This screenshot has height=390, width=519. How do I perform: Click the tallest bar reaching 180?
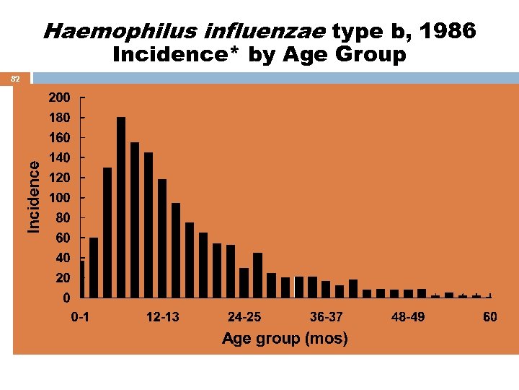coord(121,207)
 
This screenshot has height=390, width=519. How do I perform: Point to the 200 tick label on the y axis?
coord(60,97)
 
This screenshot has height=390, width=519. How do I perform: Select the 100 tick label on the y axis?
coord(60,197)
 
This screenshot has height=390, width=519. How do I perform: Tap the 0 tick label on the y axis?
coord(66,298)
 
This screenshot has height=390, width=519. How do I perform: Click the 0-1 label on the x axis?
coord(81,317)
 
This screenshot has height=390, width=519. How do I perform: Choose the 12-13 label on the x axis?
coord(163,317)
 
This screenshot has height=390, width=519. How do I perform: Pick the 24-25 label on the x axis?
coord(245,317)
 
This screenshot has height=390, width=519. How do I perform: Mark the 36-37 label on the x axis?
coord(327,317)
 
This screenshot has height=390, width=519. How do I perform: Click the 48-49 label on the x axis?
coord(408,317)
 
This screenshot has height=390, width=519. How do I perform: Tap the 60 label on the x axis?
coord(490,317)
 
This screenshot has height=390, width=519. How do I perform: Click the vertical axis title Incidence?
coord(34,196)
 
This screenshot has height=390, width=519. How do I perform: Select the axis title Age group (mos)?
coord(285,338)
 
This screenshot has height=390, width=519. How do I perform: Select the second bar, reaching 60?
coord(94,267)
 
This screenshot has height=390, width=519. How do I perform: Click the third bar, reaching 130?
coord(107,233)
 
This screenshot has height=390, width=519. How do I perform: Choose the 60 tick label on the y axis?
coord(63,238)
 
